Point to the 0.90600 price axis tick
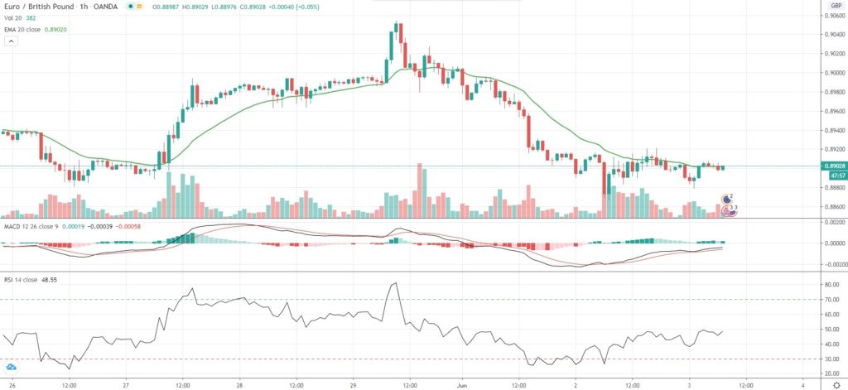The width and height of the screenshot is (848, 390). pos(832,16)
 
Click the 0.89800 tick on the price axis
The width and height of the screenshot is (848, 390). pos(832,92)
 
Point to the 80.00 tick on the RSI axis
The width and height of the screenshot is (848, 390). pos(831,284)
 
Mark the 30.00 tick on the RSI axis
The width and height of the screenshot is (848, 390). pos(831,359)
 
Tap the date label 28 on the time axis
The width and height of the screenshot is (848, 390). pos(239,384)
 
